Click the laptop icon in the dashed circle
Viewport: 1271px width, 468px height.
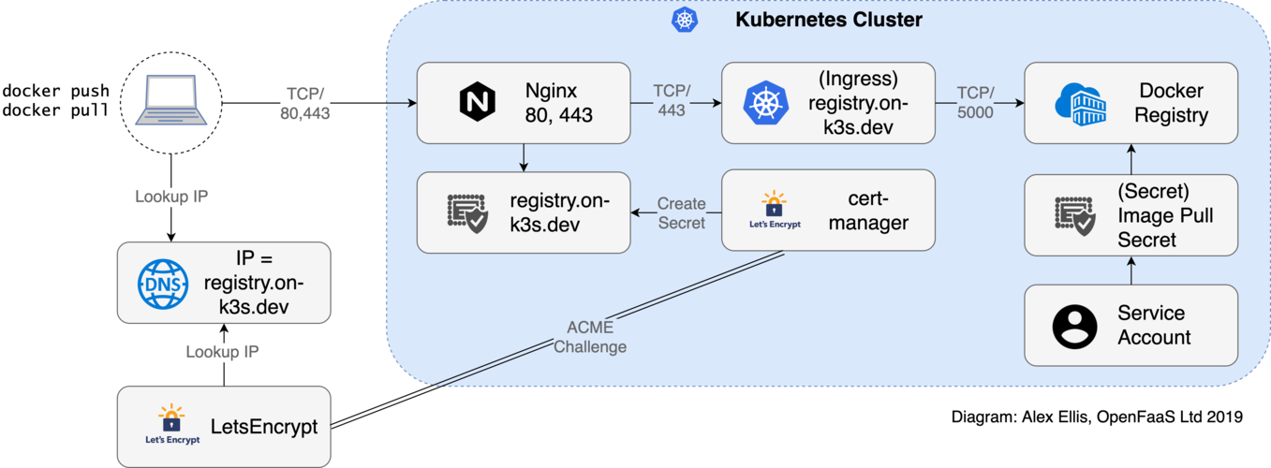171,101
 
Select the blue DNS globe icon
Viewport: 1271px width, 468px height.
163,283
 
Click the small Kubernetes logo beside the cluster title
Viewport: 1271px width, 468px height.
685,20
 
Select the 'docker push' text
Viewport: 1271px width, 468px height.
55,91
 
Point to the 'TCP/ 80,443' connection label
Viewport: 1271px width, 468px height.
305,104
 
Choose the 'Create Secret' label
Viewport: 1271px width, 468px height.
681,212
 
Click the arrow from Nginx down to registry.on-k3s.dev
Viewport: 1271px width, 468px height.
524,156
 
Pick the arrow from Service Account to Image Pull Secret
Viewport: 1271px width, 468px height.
1131,270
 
